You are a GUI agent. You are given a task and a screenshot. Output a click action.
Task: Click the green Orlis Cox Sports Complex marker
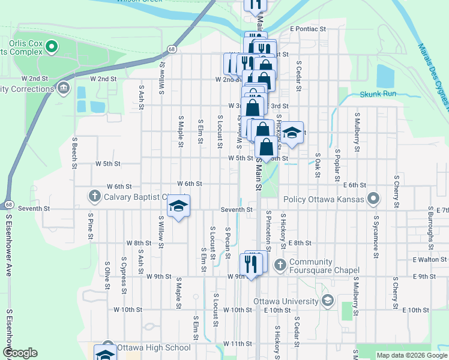tap(52, 46)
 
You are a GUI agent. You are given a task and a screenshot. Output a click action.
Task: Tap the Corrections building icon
tap(63, 89)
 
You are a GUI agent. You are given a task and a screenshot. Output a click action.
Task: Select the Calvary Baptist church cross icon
tap(94, 196)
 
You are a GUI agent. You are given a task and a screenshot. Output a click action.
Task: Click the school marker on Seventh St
tap(178, 207)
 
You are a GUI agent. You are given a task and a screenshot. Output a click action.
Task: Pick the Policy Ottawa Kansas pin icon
tap(373, 198)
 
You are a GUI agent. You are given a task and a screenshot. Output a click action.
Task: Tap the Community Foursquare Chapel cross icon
tap(280, 264)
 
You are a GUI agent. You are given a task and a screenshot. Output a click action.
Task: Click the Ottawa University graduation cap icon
tap(327, 301)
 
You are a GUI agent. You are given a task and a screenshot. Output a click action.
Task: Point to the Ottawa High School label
tap(154, 347)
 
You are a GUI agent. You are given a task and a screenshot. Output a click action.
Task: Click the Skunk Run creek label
tap(378, 94)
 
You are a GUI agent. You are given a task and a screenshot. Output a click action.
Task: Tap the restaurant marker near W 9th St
tap(251, 265)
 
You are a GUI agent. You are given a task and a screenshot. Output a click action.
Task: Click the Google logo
tap(20, 353)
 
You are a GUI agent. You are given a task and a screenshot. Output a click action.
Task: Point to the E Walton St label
tap(429, 260)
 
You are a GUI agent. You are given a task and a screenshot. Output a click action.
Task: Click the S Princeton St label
tap(268, 231)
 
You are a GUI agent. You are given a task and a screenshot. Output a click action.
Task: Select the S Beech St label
tap(75, 154)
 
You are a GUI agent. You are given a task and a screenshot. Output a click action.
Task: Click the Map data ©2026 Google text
tap(411, 355)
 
